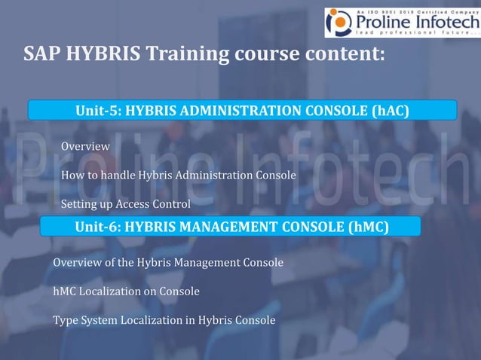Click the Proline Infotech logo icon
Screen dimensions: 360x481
coord(338,23)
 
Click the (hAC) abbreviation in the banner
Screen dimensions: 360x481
coord(391,111)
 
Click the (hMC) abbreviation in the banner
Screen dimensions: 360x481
coord(369,226)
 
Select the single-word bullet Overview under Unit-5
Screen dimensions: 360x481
coord(85,145)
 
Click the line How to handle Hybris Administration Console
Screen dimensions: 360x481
coord(178,175)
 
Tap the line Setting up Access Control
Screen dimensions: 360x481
coord(125,204)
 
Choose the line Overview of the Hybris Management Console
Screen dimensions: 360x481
coord(168,263)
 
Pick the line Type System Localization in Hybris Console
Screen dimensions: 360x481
coord(164,319)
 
